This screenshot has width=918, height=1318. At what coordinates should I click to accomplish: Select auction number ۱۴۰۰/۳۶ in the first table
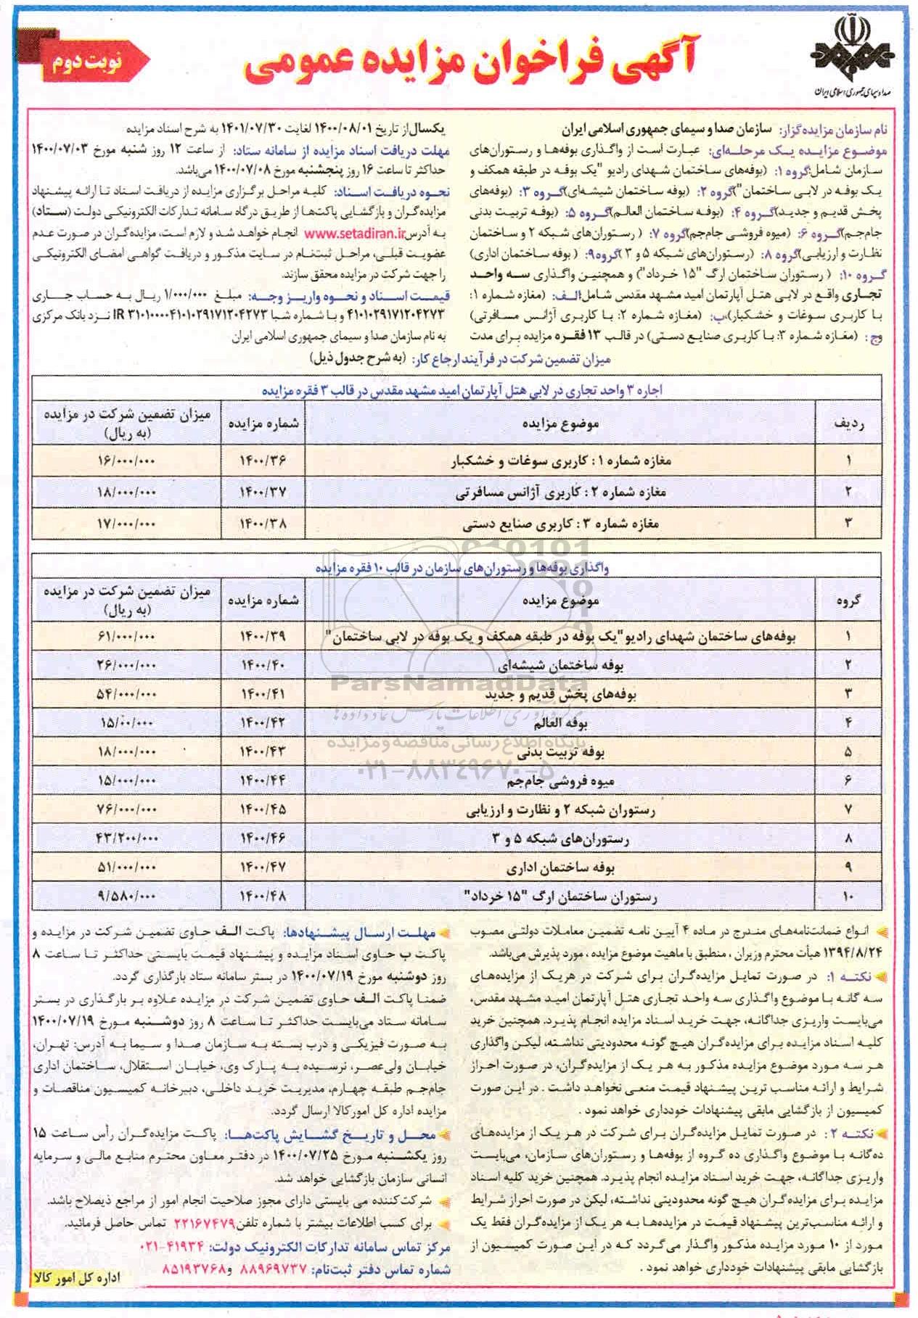(x=262, y=461)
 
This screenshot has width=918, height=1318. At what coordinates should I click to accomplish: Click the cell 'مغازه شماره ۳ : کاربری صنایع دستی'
(x=560, y=522)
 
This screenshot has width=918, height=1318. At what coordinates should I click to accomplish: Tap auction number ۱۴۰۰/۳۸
(x=262, y=522)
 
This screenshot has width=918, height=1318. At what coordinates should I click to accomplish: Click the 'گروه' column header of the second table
(x=848, y=601)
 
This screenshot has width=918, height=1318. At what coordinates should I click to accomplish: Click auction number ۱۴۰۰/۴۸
(x=262, y=897)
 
